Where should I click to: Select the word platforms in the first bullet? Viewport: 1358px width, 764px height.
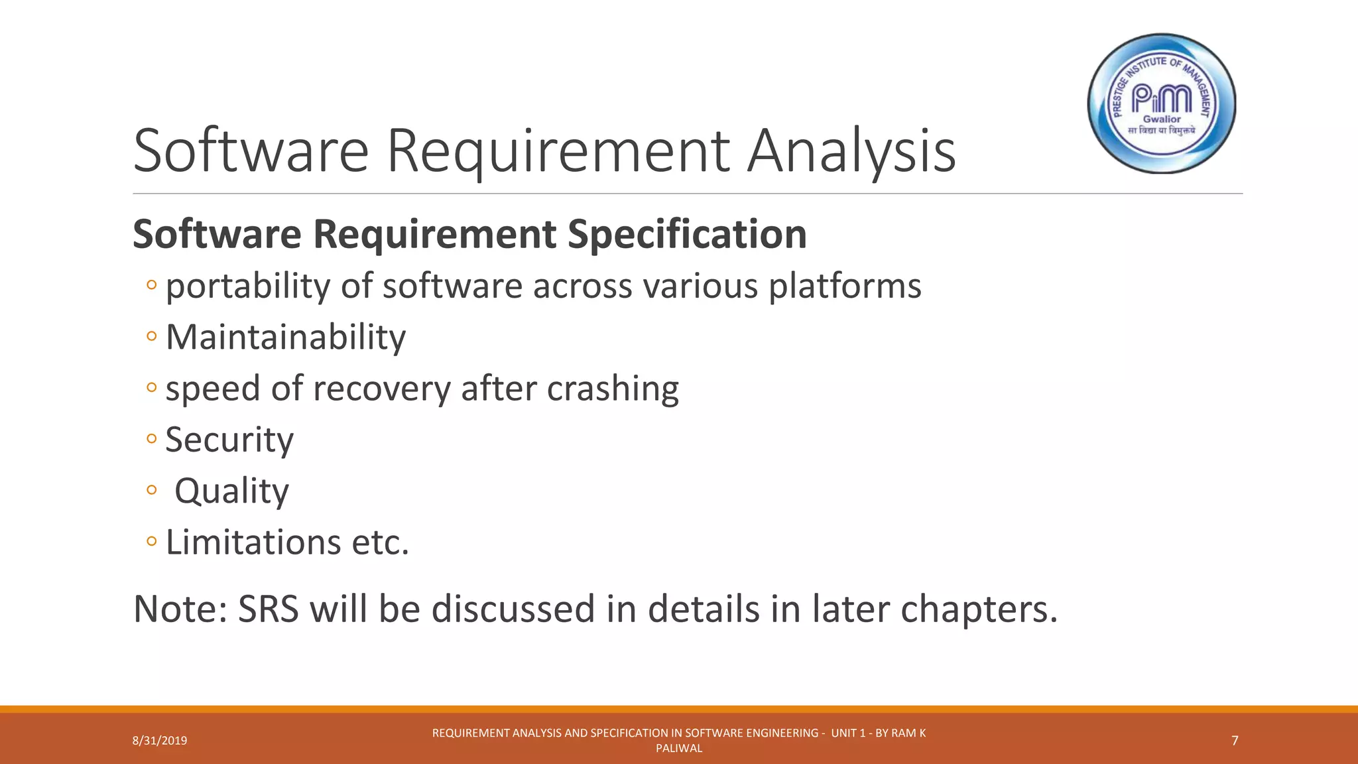tap(845, 286)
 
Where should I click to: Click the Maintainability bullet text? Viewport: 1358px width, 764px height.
tap(285, 338)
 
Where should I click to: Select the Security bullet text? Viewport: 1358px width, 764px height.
tap(229, 440)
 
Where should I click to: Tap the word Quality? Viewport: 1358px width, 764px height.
tap(231, 491)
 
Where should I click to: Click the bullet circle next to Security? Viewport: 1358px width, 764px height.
tap(152, 439)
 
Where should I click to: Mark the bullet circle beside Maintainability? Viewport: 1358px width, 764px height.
tap(152, 336)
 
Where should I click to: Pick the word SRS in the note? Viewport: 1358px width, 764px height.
tap(269, 609)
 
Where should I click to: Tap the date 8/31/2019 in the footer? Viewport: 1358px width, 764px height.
tap(160, 741)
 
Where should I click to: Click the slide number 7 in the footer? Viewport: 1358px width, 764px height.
tap(1235, 741)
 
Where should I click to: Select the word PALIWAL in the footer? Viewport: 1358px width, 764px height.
tap(679, 748)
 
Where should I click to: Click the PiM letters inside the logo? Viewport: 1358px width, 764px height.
tap(1161, 99)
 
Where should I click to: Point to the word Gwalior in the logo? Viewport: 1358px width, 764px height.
tap(1162, 119)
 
